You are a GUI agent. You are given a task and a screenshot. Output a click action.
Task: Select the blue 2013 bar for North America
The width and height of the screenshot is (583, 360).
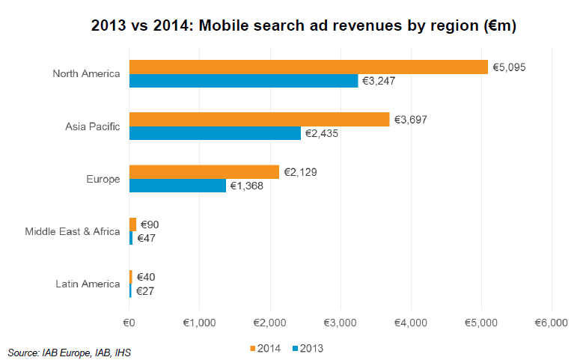tap(243, 81)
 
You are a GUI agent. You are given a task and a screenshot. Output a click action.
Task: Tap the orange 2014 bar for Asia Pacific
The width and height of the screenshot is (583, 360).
tap(259, 120)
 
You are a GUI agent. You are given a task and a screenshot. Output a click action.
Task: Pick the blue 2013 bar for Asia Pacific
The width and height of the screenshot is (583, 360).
tap(215, 133)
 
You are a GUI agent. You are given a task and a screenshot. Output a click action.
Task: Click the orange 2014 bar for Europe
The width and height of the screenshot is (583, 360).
tap(204, 172)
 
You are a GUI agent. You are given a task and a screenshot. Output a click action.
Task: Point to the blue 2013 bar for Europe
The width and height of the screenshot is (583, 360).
tap(177, 186)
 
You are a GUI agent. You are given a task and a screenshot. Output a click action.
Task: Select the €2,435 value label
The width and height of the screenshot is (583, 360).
tap(321, 133)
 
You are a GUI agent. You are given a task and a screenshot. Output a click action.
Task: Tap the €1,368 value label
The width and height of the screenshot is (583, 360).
tap(246, 186)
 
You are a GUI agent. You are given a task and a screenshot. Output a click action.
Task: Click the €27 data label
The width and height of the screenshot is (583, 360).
tap(147, 290)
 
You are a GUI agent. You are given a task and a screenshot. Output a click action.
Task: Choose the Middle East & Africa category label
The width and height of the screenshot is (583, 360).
tap(73, 231)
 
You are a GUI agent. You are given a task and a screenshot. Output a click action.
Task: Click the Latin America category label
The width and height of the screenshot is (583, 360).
tap(88, 284)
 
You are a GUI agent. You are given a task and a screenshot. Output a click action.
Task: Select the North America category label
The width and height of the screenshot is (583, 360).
tap(86, 73)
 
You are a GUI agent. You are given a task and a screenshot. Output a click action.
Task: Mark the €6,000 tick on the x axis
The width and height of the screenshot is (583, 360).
tap(551, 322)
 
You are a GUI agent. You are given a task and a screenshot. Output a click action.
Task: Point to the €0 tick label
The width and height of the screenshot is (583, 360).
tap(129, 322)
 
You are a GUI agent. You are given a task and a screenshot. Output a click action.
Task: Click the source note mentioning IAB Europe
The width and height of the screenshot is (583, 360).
tap(63, 351)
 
